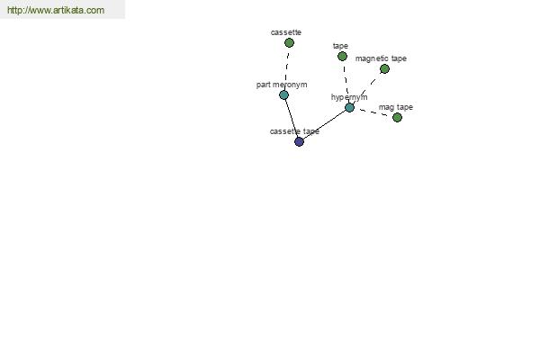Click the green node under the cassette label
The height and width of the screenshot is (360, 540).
pos(289,42)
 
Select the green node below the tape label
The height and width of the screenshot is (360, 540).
pos(342,56)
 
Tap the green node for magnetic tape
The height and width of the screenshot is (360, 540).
pos(384,69)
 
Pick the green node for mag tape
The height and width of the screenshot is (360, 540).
pos(397,118)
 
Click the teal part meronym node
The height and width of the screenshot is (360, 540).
pos(283,95)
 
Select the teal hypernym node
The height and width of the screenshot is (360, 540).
pos(349,107)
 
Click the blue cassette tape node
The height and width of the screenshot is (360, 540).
pos(300,141)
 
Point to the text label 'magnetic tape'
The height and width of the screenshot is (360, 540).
pos(381,58)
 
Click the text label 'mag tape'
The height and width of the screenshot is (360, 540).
pos(396,107)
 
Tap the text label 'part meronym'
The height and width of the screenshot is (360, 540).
pos(282,85)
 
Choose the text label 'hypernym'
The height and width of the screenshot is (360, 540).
pos(349,97)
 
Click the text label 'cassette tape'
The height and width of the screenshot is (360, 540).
pos(294,131)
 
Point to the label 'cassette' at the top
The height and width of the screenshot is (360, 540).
pos(286,32)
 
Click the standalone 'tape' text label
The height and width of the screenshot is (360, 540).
pos(340,46)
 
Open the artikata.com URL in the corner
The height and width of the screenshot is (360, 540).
pos(56,10)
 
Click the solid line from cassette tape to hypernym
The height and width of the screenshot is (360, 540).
pos(324,125)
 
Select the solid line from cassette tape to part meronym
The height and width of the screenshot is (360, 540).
pos(292,118)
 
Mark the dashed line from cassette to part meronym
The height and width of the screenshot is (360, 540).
pos(286,69)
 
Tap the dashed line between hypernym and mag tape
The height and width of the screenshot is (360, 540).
pos(373,112)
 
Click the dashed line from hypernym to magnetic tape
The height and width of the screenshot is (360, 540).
pos(367,88)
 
